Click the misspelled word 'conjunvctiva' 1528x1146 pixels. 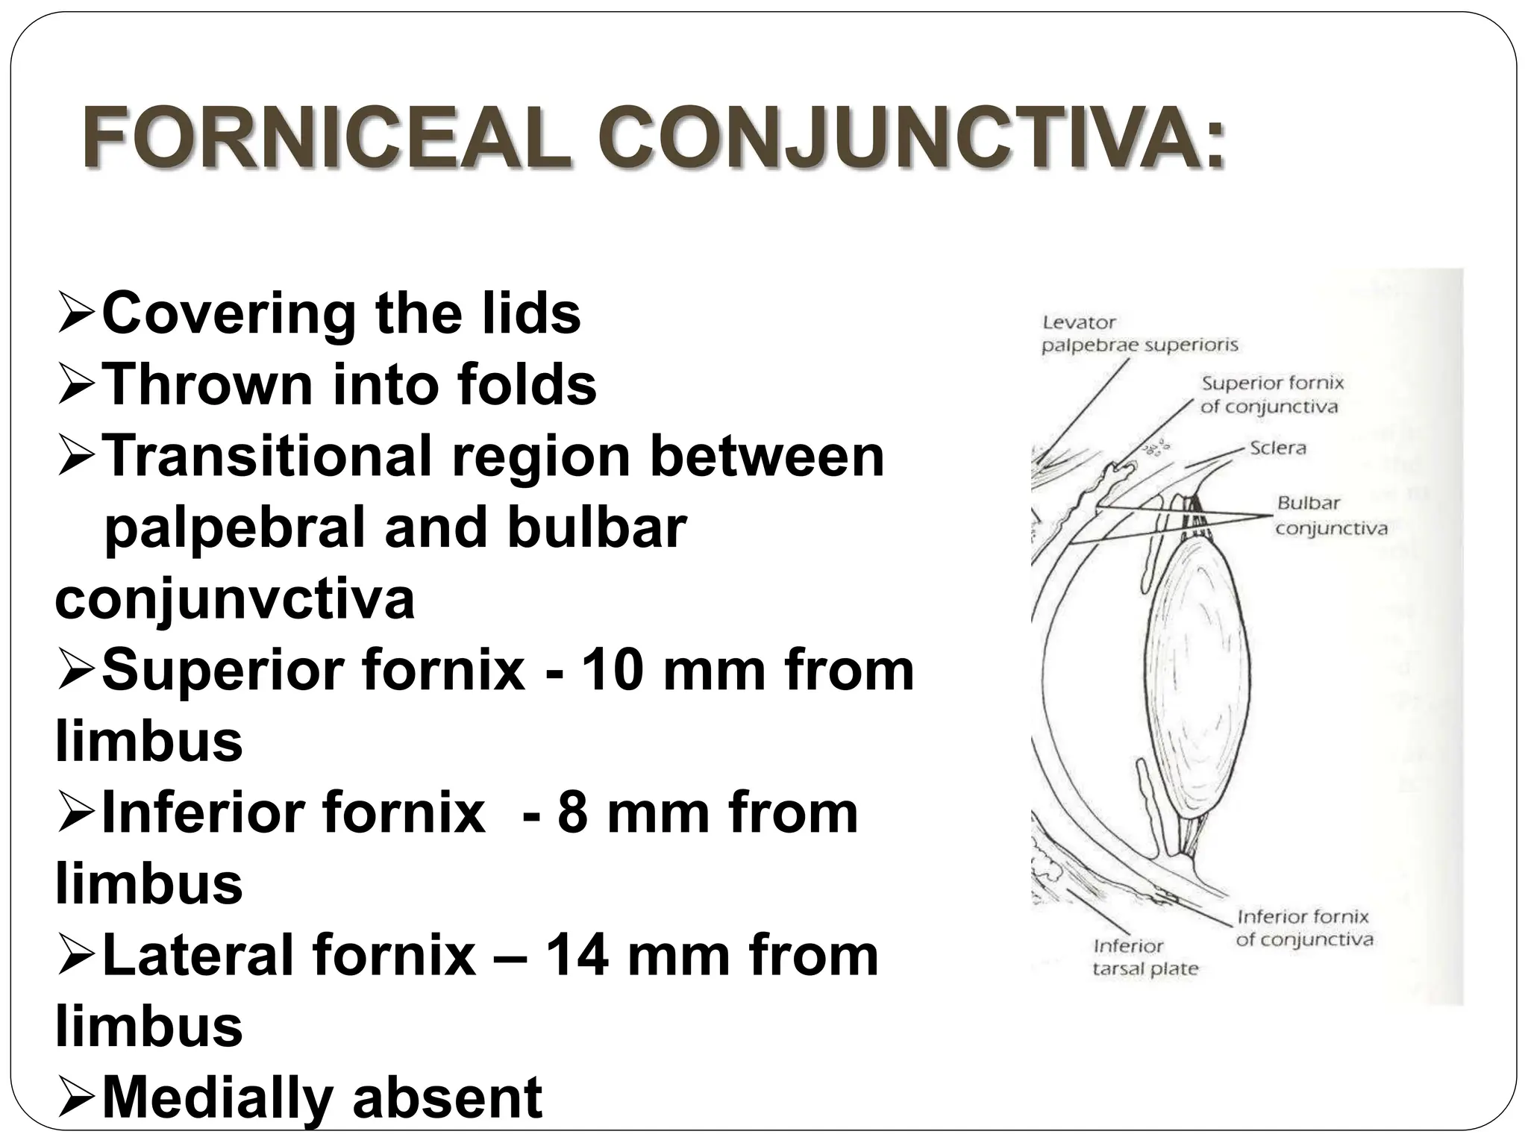234,598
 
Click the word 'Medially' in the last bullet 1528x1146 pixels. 216,1098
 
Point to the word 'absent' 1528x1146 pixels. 447,1098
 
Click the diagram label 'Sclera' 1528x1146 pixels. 1278,448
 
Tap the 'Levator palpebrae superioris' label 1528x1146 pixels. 1139,334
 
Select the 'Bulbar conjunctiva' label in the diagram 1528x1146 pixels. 1331,516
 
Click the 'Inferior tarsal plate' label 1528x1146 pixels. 1145,957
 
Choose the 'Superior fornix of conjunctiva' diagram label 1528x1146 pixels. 1271,395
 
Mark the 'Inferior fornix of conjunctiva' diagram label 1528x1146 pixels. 1303,927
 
